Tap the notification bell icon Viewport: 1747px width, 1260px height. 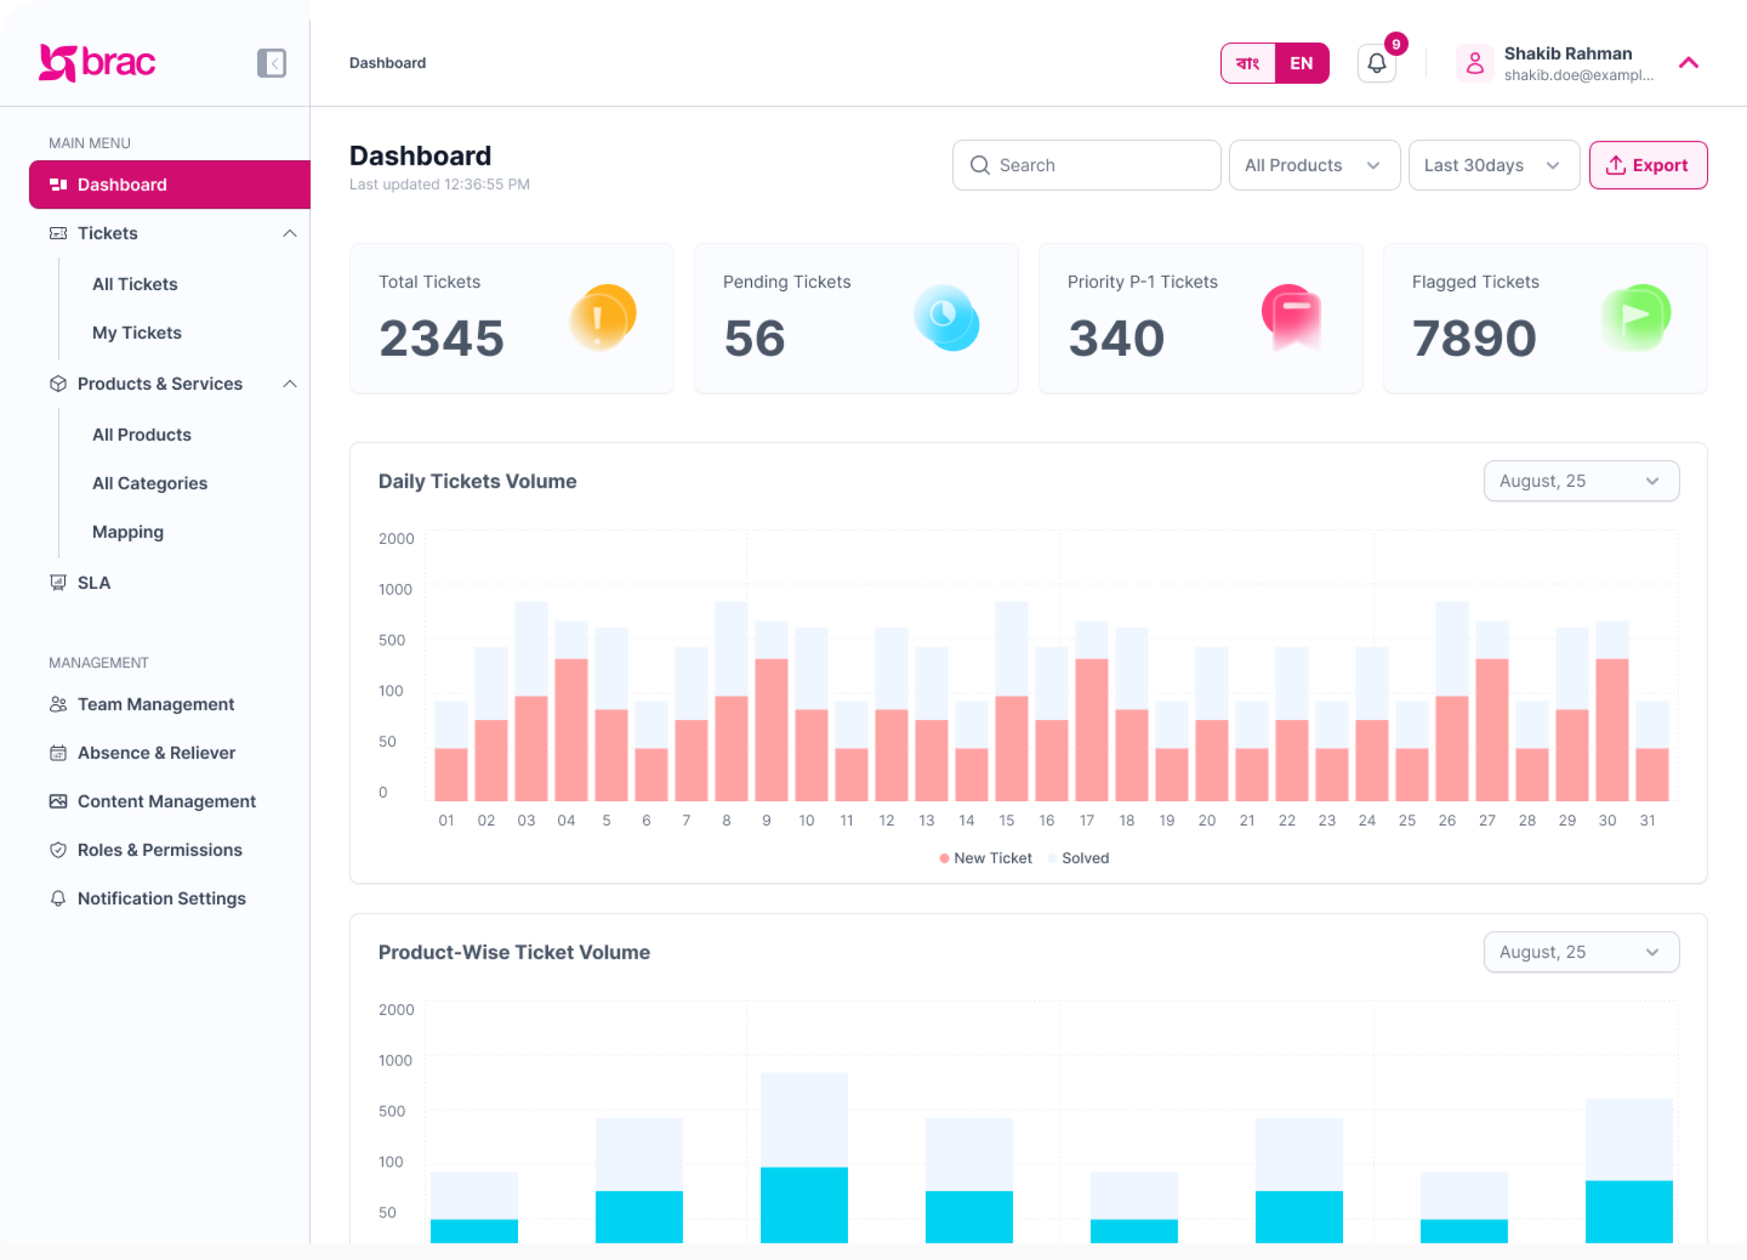[x=1376, y=63]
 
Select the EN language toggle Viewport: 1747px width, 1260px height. [x=1301, y=63]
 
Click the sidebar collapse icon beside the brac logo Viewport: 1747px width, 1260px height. [x=271, y=63]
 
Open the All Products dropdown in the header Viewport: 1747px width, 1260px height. [x=1314, y=165]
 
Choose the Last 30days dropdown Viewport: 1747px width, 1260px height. [x=1493, y=165]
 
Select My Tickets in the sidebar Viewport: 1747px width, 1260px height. [x=137, y=333]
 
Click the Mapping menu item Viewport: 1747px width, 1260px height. [x=128, y=532]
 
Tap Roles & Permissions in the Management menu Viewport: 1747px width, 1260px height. [x=159, y=849]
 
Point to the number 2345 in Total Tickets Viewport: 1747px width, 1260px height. [x=441, y=339]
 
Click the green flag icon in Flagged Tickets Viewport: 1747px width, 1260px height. [x=1635, y=316]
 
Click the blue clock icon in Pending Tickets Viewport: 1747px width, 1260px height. [x=945, y=316]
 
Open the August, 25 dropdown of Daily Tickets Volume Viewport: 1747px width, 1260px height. [x=1580, y=481]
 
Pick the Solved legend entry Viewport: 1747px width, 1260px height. [x=1084, y=858]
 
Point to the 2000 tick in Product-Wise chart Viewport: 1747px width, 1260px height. [x=396, y=1009]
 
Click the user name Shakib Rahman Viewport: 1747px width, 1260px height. [x=1567, y=54]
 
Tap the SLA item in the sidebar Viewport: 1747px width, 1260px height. [x=94, y=583]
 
